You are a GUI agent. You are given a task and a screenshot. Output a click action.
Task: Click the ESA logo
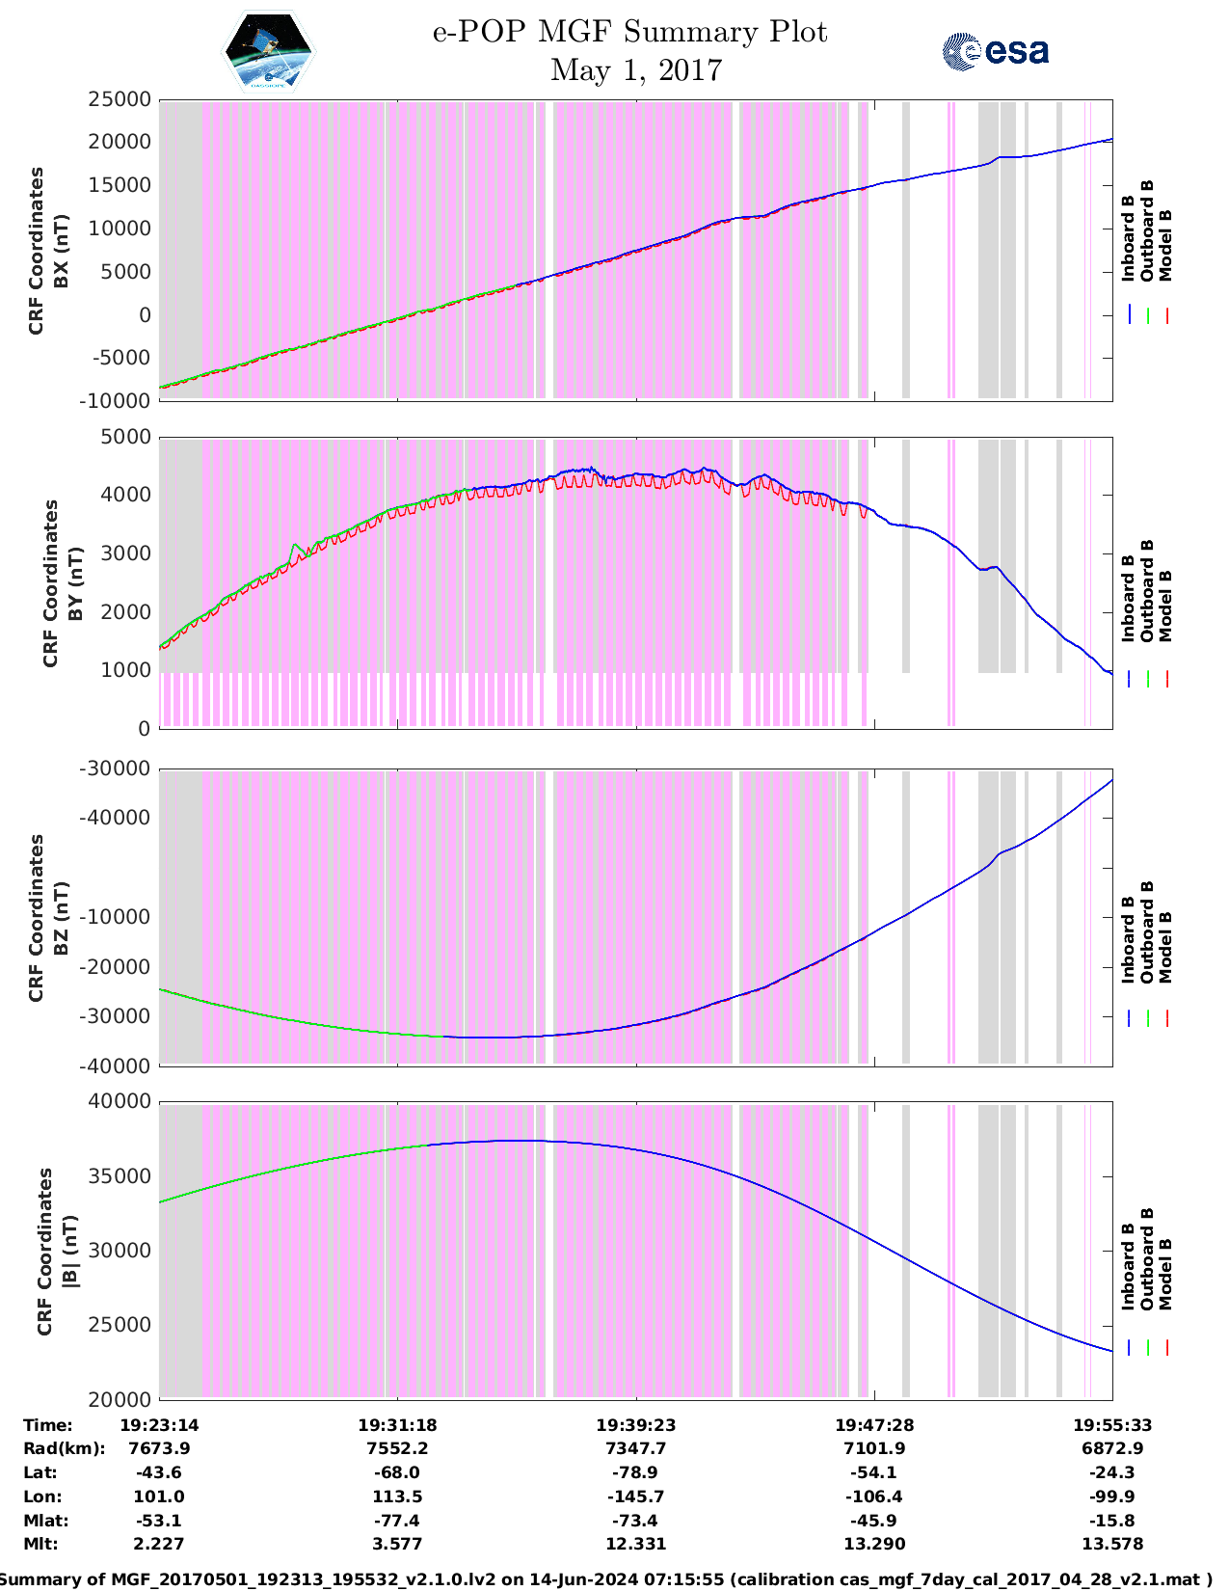point(995,51)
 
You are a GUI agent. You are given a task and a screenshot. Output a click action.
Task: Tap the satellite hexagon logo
point(269,52)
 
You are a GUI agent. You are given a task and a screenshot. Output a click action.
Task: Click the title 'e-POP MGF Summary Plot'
point(629,32)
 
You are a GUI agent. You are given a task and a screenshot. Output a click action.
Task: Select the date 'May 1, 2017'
point(635,70)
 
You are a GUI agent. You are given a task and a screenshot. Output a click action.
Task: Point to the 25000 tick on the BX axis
point(120,99)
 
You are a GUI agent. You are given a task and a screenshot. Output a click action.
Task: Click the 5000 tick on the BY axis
point(126,437)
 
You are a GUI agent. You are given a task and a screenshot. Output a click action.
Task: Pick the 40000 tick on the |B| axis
point(120,1101)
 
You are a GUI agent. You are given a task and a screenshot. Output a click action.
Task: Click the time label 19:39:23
point(635,1425)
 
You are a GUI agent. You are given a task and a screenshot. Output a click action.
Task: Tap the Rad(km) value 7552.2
point(397,1448)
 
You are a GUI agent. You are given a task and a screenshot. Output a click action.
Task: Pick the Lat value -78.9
point(635,1472)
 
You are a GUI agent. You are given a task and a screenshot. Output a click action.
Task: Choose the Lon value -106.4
point(874,1497)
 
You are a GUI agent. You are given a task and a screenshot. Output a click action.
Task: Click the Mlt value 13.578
point(1112,1544)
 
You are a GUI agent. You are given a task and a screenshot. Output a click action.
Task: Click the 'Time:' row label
point(48,1425)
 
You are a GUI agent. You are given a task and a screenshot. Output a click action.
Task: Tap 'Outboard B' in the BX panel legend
point(1147,231)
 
